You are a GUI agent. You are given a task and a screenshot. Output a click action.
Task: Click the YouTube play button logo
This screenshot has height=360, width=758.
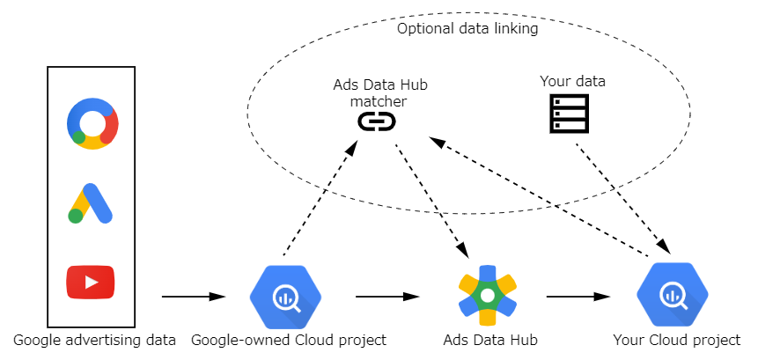91,282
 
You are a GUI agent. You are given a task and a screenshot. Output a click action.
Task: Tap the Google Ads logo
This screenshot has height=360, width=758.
91,203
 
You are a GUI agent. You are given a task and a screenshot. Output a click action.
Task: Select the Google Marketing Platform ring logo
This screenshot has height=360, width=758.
92,124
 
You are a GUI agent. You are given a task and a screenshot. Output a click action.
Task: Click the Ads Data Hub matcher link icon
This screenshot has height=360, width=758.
377,121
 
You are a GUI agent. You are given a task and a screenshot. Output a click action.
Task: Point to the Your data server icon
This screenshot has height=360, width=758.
570,114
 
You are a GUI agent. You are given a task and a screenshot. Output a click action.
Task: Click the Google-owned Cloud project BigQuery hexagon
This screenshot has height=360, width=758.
286,298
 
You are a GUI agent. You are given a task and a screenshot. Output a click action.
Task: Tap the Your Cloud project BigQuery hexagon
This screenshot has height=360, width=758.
673,295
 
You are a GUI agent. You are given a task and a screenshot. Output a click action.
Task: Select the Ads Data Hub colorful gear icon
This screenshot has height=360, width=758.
488,295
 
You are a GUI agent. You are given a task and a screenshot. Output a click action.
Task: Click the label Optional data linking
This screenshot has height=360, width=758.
467,28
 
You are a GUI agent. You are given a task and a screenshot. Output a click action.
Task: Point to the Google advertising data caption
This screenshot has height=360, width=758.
94,340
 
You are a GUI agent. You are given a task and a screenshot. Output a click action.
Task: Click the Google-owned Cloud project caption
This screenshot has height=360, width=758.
289,340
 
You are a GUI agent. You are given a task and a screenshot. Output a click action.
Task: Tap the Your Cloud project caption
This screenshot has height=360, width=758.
677,340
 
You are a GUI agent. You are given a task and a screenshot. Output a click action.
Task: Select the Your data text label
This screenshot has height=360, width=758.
572,81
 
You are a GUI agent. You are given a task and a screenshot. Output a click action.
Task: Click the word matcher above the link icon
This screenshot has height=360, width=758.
379,102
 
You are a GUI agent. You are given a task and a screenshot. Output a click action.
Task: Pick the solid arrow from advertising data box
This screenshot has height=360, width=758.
194,297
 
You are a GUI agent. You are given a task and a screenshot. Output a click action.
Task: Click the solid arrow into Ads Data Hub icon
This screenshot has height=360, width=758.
387,297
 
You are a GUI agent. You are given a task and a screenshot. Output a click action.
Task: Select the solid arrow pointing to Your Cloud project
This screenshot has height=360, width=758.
578,297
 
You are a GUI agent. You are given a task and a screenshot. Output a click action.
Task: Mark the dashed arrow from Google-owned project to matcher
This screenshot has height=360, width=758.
320,197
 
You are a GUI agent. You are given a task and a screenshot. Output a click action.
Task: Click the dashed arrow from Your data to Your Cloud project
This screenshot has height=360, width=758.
623,198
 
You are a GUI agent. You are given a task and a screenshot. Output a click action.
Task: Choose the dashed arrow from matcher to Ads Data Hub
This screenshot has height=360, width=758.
431,201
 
